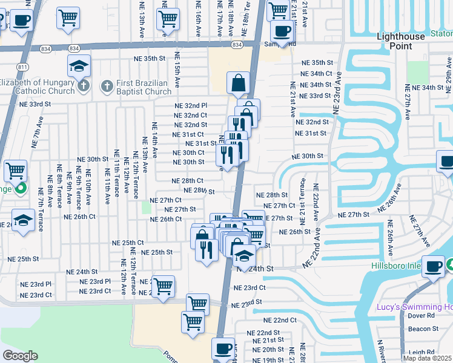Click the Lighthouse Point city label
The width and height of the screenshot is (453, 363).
(x=401, y=41)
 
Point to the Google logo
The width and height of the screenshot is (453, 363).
(x=20, y=356)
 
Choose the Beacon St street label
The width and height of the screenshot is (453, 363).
(x=423, y=329)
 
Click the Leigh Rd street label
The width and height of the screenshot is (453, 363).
(x=422, y=352)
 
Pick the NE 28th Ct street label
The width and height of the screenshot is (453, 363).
(x=187, y=180)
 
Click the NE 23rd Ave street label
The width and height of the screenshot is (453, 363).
(x=337, y=93)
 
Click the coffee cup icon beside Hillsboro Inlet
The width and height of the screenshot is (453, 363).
(x=434, y=267)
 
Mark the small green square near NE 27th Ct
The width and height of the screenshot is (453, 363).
(x=146, y=208)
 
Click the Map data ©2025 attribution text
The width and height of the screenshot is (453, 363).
(x=427, y=358)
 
